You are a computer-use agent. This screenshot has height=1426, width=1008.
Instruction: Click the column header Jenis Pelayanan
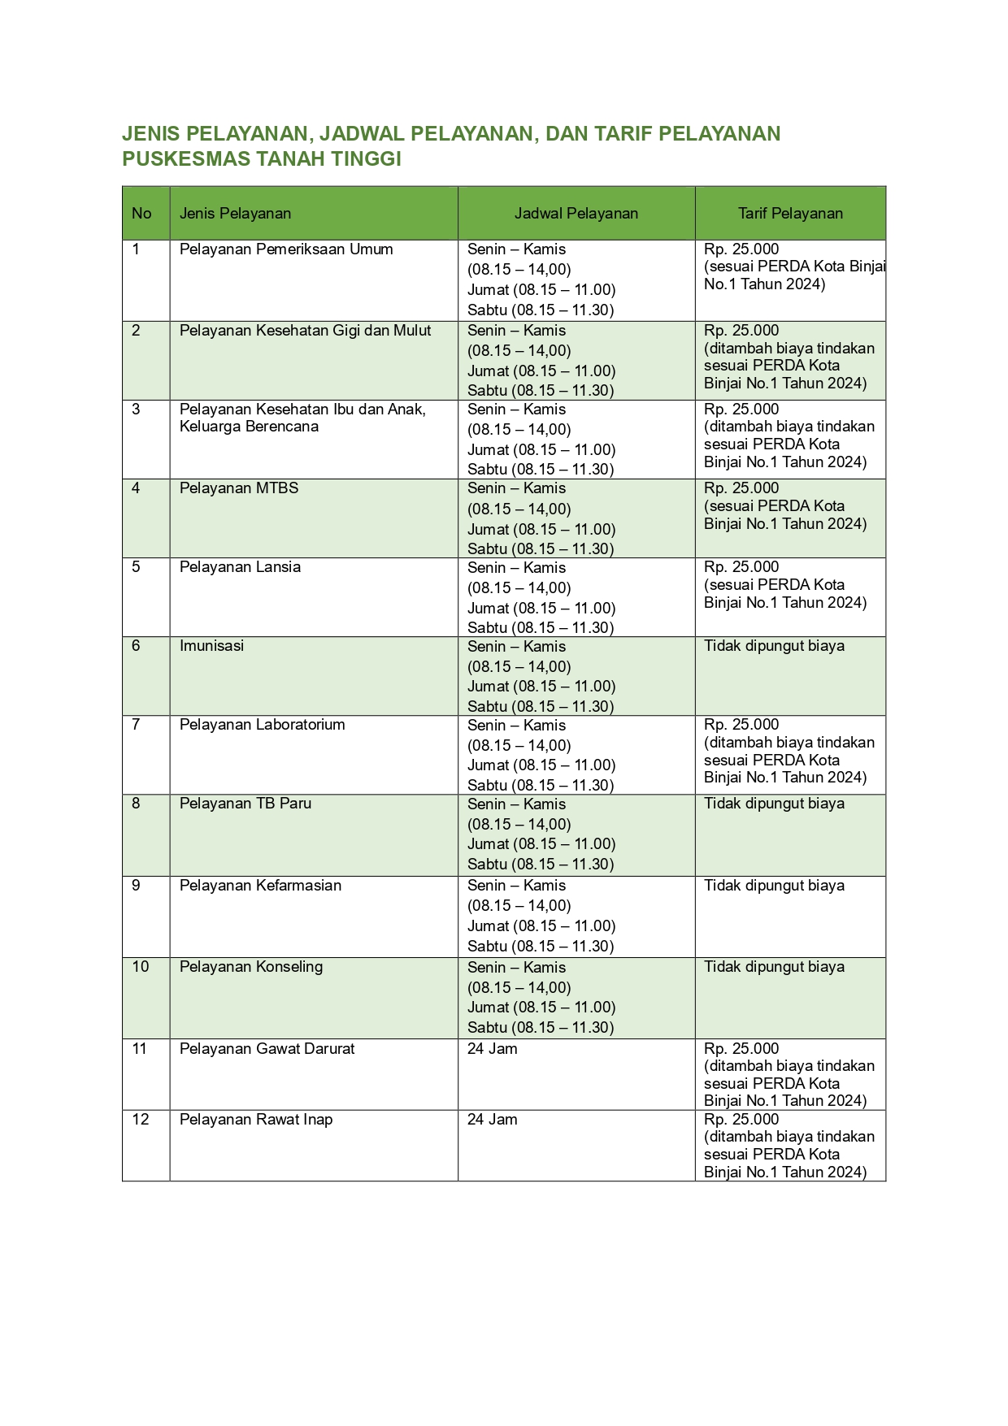tap(235, 214)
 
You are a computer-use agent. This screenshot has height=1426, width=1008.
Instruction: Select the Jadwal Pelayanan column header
tap(576, 214)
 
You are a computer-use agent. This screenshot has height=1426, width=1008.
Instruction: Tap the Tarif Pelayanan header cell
tap(790, 214)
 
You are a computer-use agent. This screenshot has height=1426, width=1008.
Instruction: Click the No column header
tap(141, 214)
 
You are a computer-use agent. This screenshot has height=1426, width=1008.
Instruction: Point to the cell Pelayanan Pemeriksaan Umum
tap(286, 249)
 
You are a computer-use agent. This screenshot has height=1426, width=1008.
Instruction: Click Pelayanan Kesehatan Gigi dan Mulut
tap(305, 331)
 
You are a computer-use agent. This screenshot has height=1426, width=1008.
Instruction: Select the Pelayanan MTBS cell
tap(239, 488)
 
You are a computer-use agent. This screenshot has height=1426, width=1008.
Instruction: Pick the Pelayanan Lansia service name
tap(240, 567)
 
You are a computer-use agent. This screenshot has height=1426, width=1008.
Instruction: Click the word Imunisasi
tap(211, 646)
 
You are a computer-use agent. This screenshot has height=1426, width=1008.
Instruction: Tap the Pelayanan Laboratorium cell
tap(262, 725)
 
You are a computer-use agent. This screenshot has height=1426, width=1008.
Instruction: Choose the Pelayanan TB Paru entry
tap(245, 804)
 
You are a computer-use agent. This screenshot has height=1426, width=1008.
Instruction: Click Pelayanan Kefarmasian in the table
tap(260, 886)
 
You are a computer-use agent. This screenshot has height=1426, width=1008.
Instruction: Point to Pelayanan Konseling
tap(251, 967)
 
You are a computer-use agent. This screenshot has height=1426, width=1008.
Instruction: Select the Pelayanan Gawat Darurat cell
tap(267, 1049)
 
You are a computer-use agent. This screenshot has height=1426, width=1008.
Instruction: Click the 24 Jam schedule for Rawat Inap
tap(492, 1120)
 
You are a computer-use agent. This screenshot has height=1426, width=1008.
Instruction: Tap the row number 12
tap(140, 1120)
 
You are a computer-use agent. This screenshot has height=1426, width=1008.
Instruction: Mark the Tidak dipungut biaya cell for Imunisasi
tap(774, 646)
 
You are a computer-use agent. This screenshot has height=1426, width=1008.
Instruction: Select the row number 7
tap(136, 725)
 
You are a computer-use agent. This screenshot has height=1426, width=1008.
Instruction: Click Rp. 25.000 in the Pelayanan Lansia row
tap(741, 567)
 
